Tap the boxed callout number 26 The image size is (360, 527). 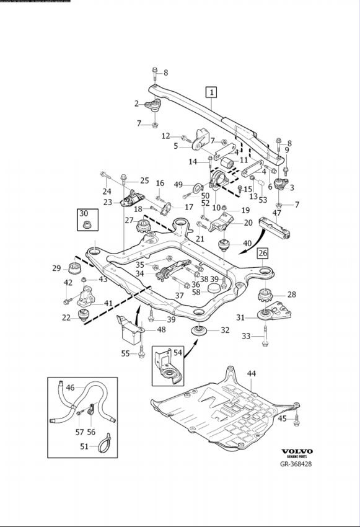[263, 253]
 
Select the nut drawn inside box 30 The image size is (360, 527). [85, 223]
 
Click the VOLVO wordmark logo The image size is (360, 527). [297, 451]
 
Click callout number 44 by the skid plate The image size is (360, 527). [251, 373]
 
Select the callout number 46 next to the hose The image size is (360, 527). [70, 387]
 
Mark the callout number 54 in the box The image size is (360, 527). [178, 352]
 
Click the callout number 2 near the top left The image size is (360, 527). [137, 104]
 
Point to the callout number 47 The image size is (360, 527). [276, 213]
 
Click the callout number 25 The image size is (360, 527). [144, 180]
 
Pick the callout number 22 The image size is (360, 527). [67, 317]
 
